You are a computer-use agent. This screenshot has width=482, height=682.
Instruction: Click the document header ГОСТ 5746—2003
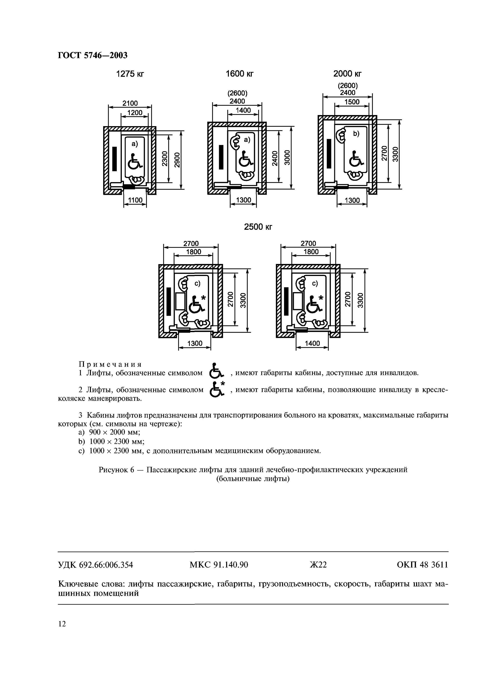coord(92,55)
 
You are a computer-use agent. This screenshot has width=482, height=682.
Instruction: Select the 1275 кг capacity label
coord(130,74)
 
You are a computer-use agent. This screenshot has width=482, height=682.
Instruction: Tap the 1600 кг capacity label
coord(239,74)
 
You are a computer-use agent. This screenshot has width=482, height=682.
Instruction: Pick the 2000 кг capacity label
coord(347,73)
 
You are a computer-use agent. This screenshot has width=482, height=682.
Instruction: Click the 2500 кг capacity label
coord(258,227)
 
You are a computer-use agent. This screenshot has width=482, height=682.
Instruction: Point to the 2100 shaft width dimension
coord(130,103)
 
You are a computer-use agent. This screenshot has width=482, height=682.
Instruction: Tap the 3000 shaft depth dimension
coord(287,158)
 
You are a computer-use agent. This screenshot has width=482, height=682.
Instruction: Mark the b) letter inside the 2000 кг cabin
coord(356,134)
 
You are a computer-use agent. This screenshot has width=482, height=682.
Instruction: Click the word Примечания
coord(110,364)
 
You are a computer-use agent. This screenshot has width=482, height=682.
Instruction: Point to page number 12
coord(62,624)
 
